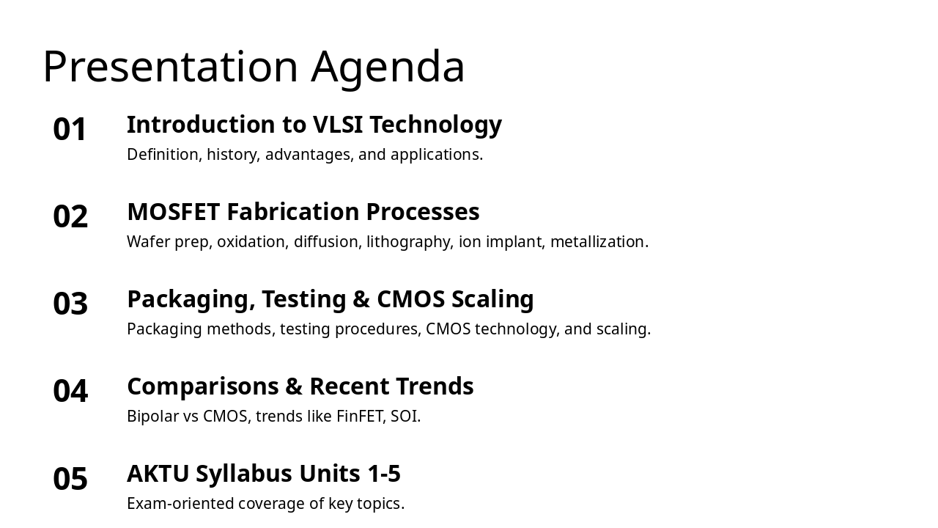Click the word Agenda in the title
tap(388, 67)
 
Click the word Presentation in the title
tap(170, 67)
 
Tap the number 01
tap(70, 130)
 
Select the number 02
tap(70, 217)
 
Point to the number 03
tap(70, 304)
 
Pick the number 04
tap(70, 392)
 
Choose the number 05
tap(70, 479)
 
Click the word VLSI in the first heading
tap(338, 125)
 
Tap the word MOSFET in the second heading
tap(173, 212)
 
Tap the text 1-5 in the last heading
tap(384, 474)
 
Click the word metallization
tap(599, 242)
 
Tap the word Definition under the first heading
tap(163, 155)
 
